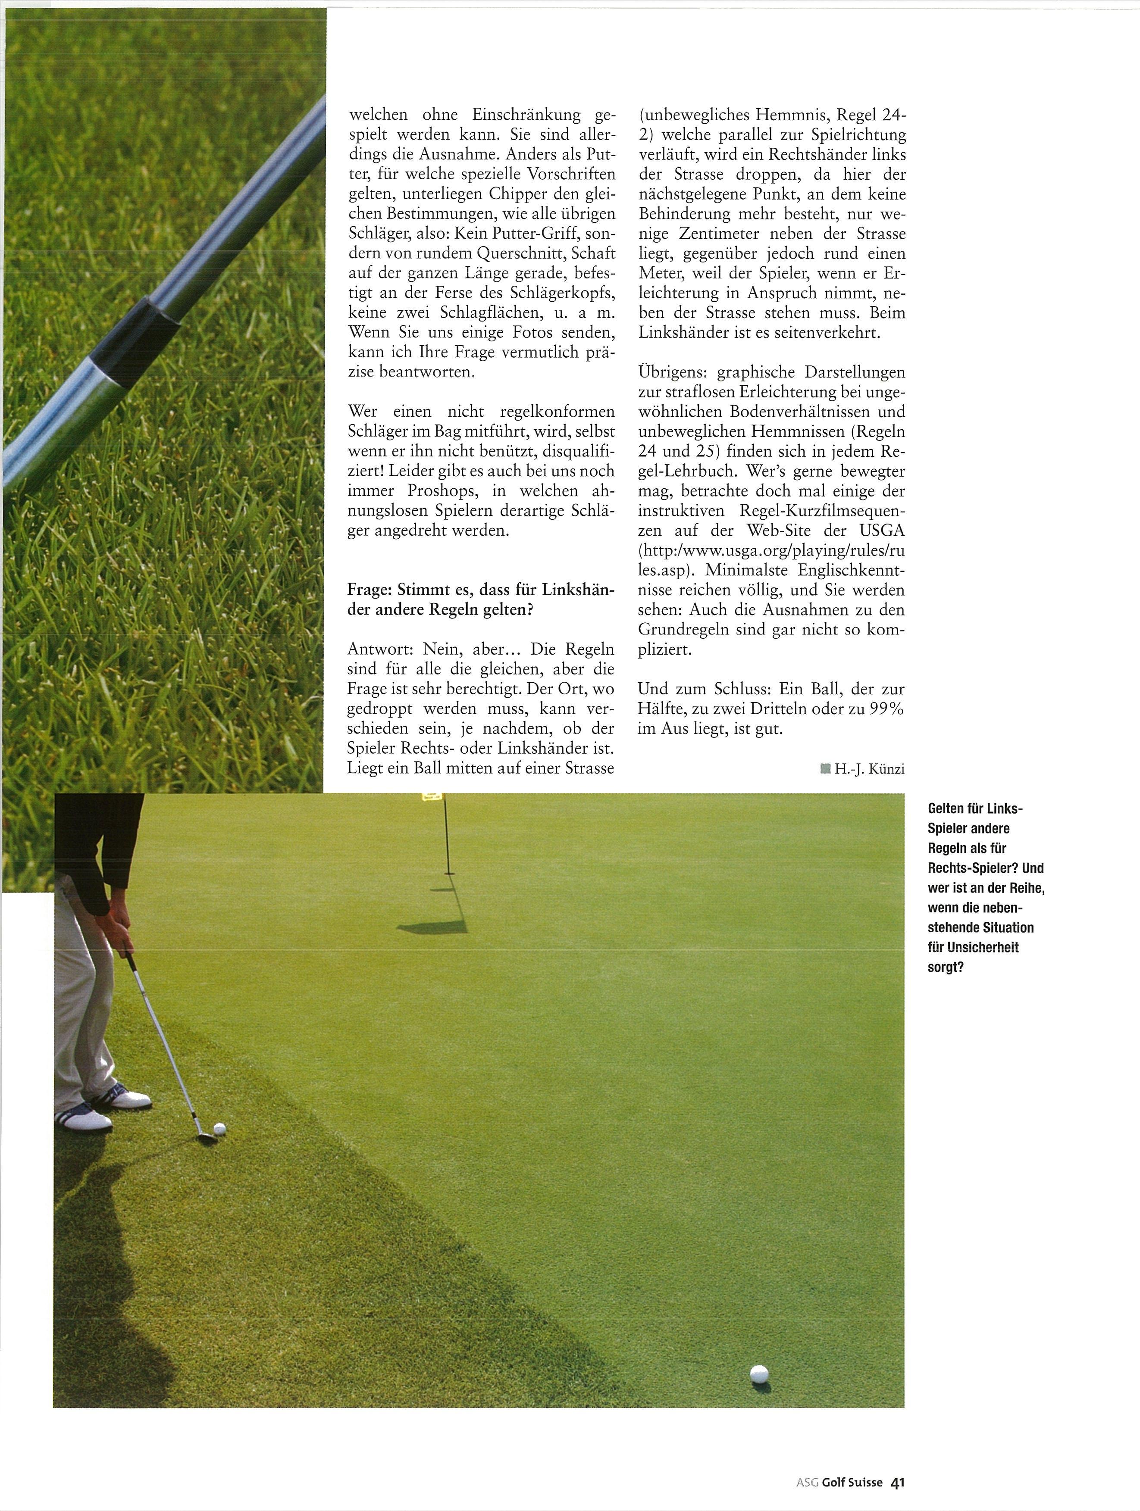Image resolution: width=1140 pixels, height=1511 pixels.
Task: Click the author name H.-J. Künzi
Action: pos(869,770)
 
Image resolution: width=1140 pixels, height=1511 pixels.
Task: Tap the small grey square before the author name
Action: pos(825,770)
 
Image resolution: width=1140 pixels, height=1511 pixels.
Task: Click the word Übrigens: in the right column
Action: pos(672,373)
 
